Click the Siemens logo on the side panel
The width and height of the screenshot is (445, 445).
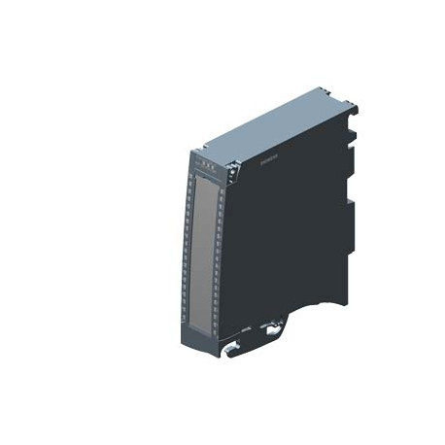pos(261,166)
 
